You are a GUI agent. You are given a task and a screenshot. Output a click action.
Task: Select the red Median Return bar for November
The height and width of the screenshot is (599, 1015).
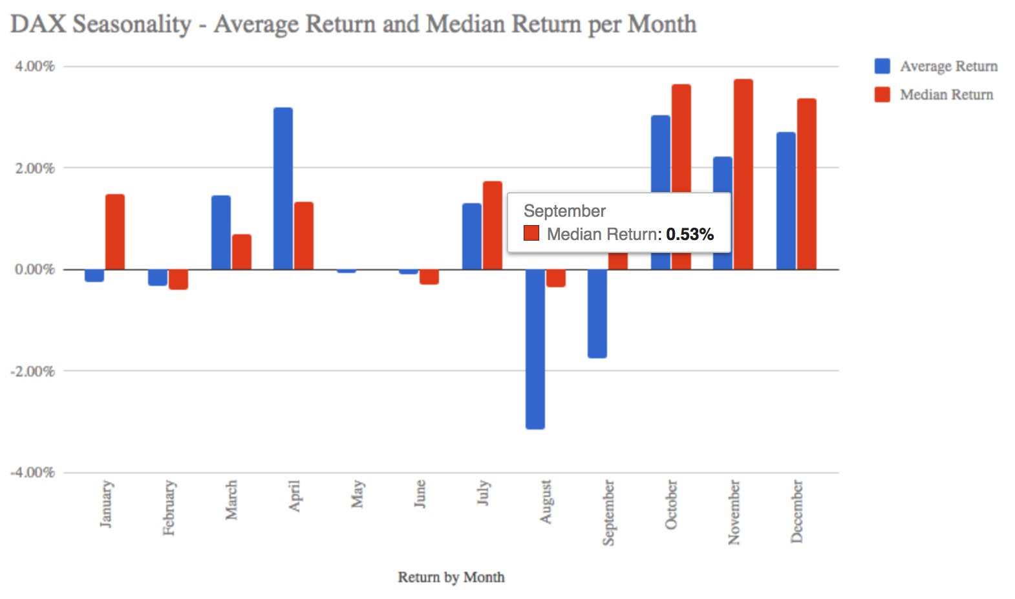(x=743, y=174)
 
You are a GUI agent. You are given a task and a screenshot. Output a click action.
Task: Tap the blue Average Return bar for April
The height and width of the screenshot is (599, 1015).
(x=283, y=188)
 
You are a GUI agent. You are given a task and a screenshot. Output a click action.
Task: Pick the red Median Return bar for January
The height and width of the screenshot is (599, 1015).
(x=115, y=232)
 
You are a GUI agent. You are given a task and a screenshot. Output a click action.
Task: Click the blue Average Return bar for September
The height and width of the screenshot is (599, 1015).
(x=597, y=313)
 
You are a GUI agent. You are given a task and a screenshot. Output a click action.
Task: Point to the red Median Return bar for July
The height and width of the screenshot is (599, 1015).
(x=492, y=225)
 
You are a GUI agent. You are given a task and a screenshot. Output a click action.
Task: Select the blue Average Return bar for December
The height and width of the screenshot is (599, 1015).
(x=785, y=201)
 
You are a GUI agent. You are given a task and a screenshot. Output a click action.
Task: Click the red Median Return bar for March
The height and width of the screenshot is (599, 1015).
(x=242, y=252)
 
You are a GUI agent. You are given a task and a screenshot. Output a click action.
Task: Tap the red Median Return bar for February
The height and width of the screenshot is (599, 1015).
(x=178, y=279)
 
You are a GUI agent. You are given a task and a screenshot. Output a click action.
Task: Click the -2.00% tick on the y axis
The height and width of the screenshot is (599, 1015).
(x=32, y=371)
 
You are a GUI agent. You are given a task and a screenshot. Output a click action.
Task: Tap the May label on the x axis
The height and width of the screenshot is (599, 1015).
(x=357, y=494)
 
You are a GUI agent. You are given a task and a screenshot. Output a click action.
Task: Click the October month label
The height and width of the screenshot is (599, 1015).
(x=671, y=504)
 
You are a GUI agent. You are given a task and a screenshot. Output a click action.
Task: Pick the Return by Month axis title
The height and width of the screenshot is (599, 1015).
(x=451, y=577)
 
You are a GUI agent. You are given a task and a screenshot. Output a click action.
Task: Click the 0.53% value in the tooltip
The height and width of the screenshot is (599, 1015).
(x=690, y=234)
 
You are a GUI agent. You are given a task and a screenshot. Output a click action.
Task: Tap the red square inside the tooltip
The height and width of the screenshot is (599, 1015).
(x=531, y=233)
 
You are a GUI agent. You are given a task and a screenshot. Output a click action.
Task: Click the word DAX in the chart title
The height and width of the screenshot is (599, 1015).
(x=38, y=24)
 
